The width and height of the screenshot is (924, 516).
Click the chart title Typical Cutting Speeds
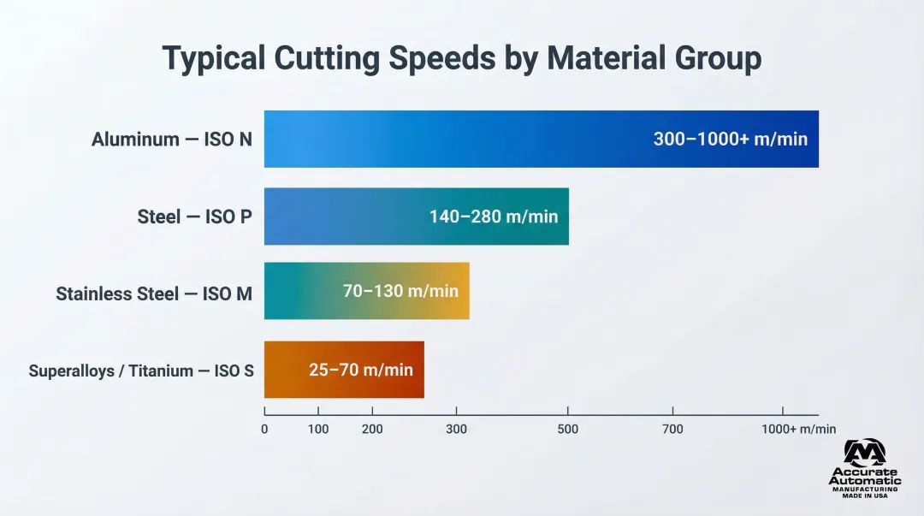461,58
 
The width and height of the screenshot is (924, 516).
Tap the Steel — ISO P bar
342,216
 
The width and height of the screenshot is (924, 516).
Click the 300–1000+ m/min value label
730,139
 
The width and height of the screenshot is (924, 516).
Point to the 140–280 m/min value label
494,216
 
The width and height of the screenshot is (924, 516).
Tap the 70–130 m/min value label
400,291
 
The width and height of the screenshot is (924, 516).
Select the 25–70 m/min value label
360,370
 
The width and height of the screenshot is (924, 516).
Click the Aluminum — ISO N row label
172,139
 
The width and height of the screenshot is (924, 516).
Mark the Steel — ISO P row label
195,216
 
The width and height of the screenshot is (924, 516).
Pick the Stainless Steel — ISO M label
154,294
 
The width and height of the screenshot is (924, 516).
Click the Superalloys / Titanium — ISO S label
141,371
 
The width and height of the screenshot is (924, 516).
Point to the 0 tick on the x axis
264,429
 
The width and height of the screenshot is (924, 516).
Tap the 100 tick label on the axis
318,429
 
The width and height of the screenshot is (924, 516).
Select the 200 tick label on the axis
372,429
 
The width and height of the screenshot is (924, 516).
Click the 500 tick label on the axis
568,429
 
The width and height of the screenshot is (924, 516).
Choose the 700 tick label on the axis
673,429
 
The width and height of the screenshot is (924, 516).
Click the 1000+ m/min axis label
798,429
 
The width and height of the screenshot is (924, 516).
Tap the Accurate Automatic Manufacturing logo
864,469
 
